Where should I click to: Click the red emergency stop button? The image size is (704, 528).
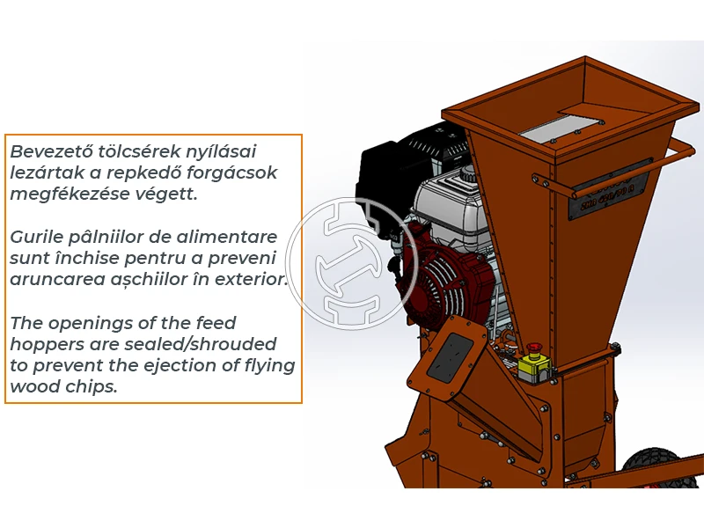click(x=533, y=348)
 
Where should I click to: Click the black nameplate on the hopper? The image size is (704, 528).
click(x=611, y=188)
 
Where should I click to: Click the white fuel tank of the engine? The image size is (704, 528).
click(x=451, y=204)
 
